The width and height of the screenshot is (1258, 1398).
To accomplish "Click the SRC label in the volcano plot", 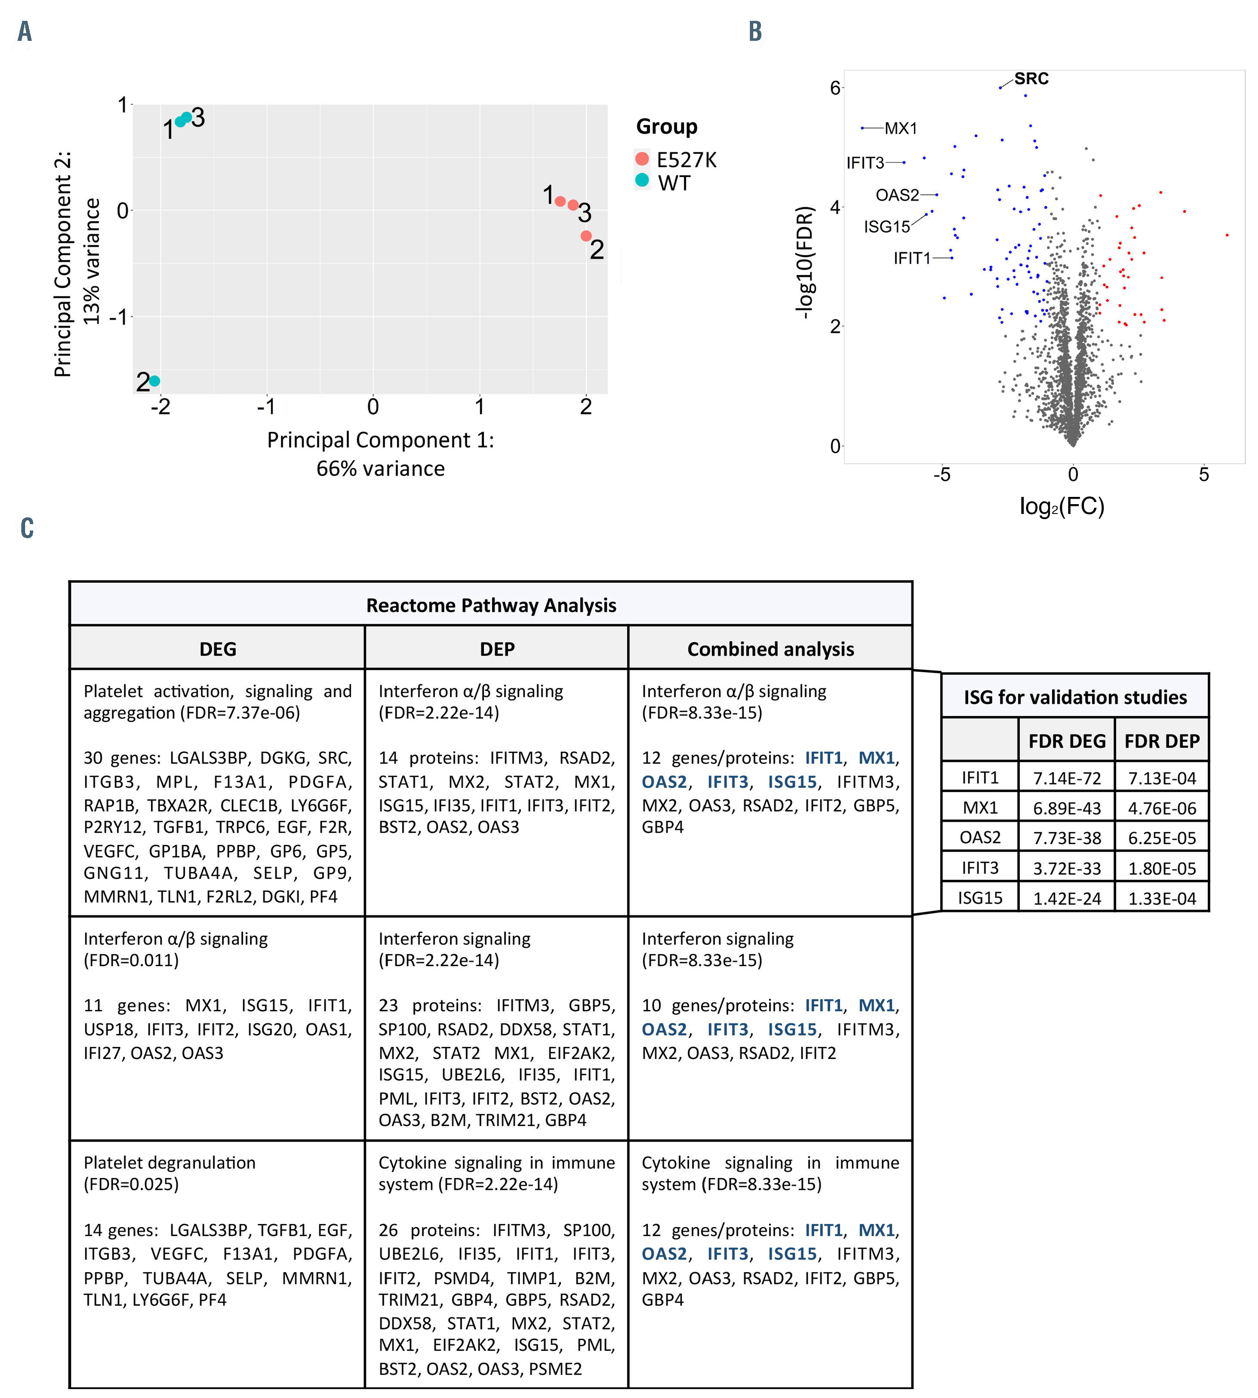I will pos(1031,79).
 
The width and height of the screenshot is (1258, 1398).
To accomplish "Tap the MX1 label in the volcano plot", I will pos(901,128).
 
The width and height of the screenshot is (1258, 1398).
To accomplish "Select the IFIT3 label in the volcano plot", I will pos(865,163).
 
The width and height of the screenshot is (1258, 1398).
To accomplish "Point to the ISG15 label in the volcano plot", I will pos(887,227).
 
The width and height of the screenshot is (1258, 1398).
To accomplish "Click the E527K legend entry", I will pos(686,160).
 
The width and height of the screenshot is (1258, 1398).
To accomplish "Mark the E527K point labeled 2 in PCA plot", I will pos(586,236).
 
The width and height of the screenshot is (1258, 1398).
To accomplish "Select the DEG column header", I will pos(218,649).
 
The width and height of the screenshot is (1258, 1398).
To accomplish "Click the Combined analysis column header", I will pos(770,649).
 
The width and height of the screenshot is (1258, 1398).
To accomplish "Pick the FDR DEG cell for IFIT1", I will pos(1066,778).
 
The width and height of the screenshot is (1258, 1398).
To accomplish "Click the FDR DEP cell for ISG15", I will pos(1162,899).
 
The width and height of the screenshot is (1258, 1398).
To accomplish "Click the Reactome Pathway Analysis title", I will pos(491,605).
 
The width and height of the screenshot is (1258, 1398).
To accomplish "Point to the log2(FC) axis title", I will pos(1062,507).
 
